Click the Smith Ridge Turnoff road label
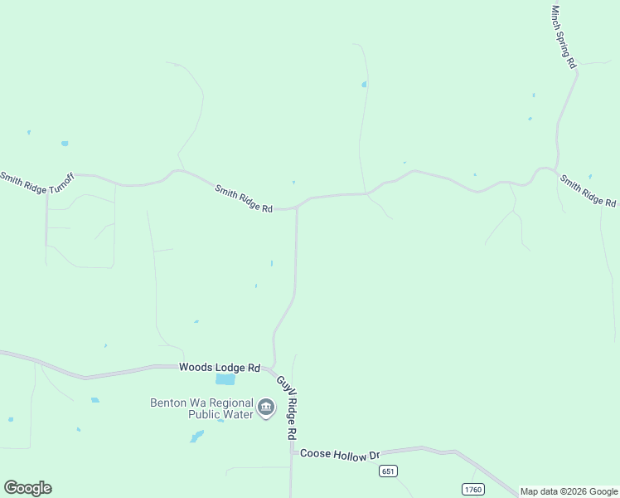click(x=36, y=182)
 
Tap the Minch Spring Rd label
click(x=564, y=37)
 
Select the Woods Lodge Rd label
click(x=220, y=368)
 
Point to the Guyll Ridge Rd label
click(x=286, y=408)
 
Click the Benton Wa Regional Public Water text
click(x=201, y=408)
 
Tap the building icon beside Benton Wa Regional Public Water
click(x=266, y=408)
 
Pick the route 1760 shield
click(x=472, y=489)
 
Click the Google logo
click(x=28, y=488)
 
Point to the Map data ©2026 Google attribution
click(x=569, y=491)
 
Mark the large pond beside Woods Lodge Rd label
click(x=225, y=379)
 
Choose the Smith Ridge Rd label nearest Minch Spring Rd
click(x=588, y=190)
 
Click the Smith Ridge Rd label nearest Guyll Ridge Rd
click(x=244, y=199)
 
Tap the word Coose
click(x=315, y=454)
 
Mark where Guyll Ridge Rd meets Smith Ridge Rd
click(x=296, y=207)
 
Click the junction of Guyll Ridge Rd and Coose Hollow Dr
click(x=292, y=452)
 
